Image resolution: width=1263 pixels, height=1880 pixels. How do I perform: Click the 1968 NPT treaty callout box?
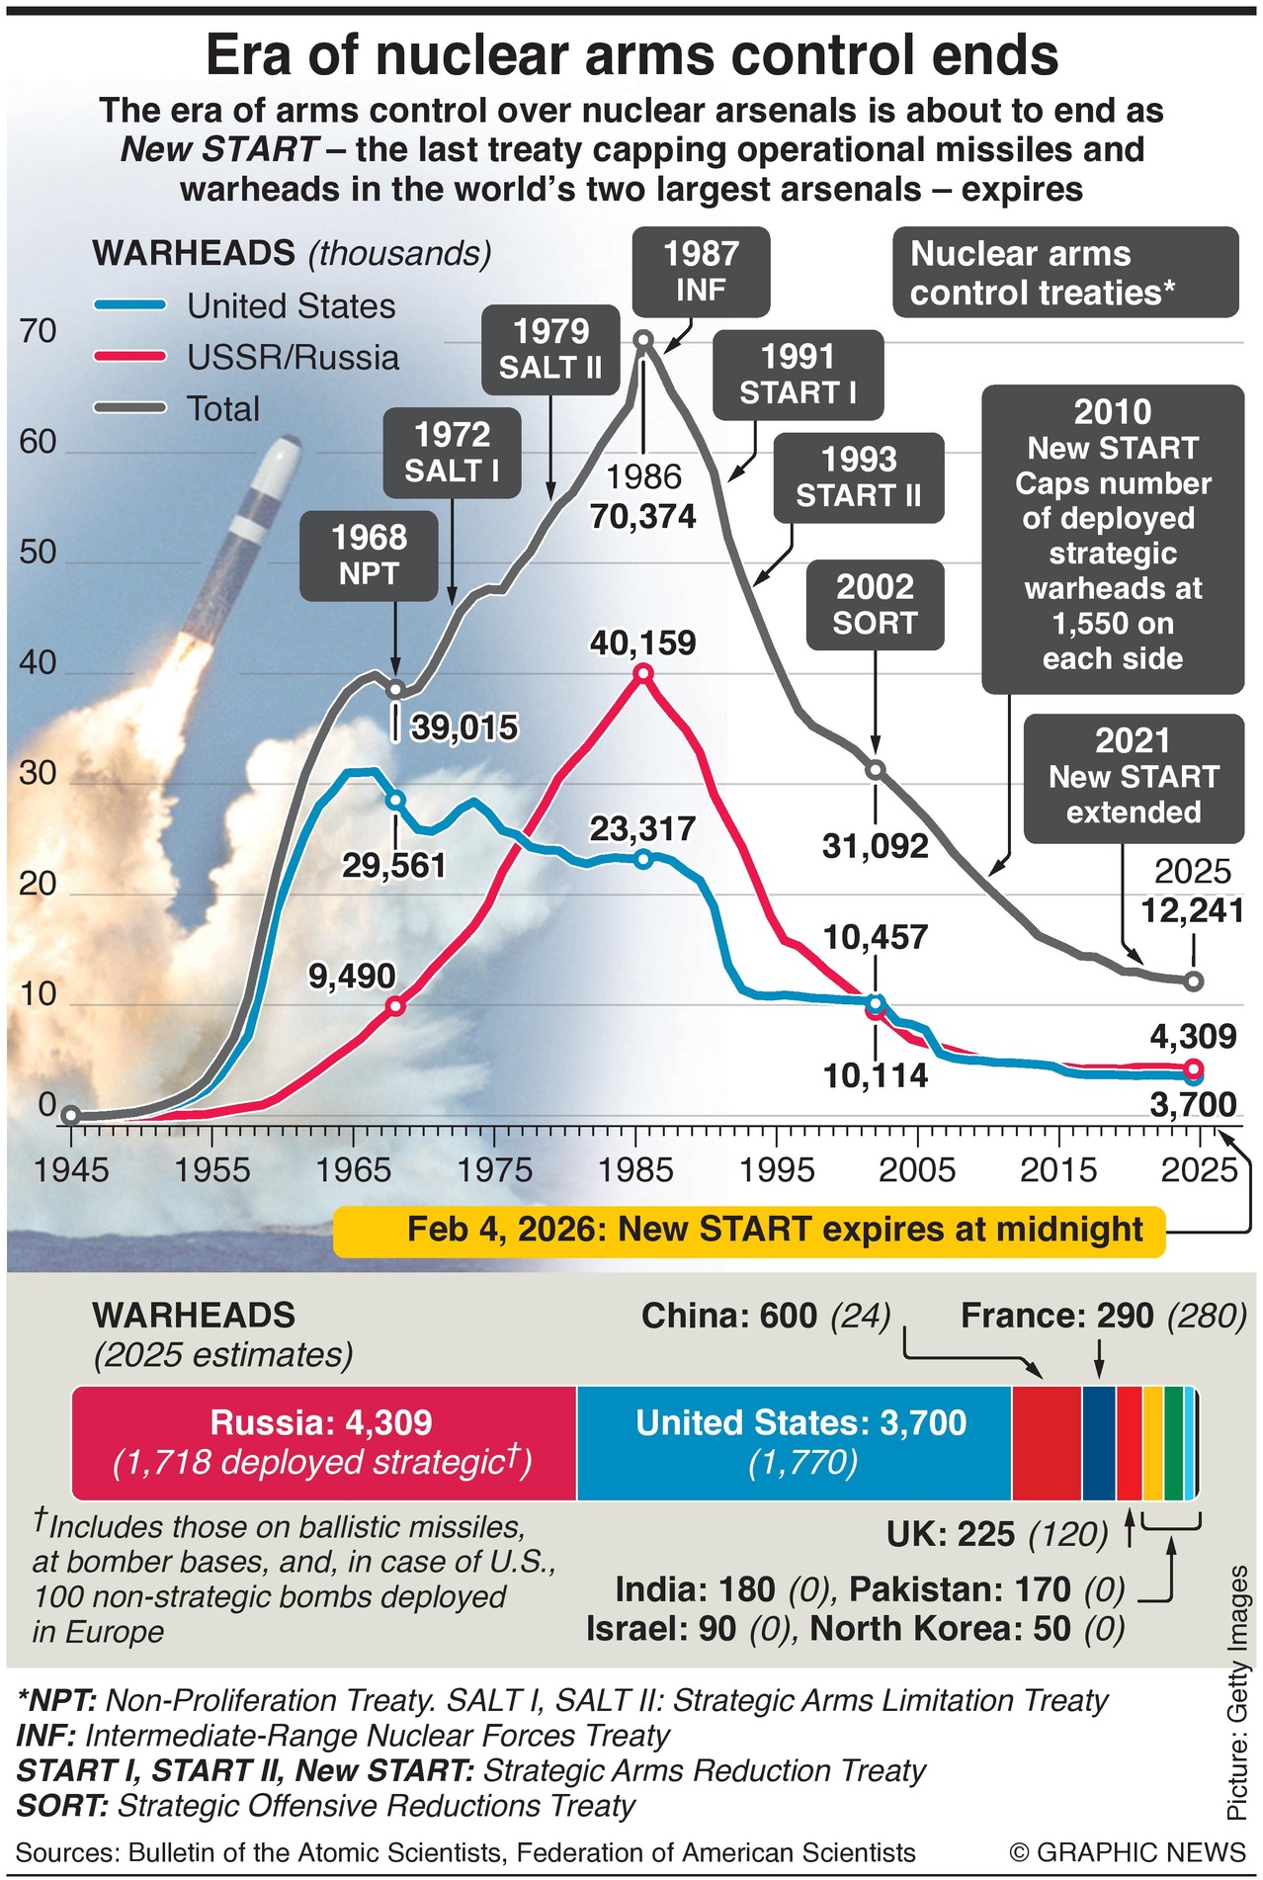pyautogui.click(x=369, y=555)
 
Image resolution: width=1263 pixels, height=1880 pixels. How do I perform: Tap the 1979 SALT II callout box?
pyautogui.click(x=550, y=350)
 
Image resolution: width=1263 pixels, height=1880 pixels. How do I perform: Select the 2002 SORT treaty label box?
pyautogui.click(x=875, y=605)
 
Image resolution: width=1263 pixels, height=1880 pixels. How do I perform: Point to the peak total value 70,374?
pyautogui.click(x=643, y=516)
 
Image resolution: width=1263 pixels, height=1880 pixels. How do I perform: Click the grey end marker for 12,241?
pyautogui.click(x=1193, y=981)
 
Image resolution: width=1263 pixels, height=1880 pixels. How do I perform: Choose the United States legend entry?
pyautogui.click(x=291, y=306)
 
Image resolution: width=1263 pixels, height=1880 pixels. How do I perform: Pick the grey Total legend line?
pyautogui.click(x=129, y=408)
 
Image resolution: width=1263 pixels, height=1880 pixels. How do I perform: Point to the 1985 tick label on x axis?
pyautogui.click(x=636, y=1170)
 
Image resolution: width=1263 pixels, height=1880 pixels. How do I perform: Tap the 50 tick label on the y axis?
pyautogui.click(x=39, y=552)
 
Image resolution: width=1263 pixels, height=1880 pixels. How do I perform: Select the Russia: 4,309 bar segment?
pyautogui.click(x=323, y=1442)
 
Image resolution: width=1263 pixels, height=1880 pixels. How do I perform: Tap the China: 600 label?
pyautogui.click(x=729, y=1316)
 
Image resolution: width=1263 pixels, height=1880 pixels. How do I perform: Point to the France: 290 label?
pyautogui.click(x=1056, y=1316)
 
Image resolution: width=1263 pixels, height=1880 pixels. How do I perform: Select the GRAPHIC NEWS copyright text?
pyautogui.click(x=1127, y=1852)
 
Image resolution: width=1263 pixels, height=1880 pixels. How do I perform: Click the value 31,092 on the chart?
pyautogui.click(x=876, y=846)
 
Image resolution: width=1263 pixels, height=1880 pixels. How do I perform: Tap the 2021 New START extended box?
pyautogui.click(x=1134, y=777)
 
